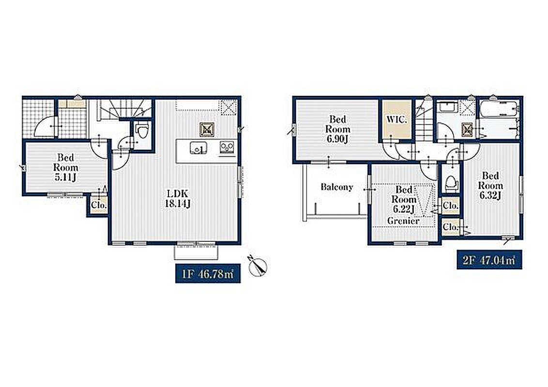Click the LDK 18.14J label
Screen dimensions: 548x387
point(178,198)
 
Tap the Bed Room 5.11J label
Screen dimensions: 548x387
point(66,167)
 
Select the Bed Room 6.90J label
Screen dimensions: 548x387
point(337,129)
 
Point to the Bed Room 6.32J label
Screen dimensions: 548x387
point(491,185)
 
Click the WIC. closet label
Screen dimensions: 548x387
point(396,119)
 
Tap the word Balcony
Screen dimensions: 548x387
point(337,187)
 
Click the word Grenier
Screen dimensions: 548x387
point(403,221)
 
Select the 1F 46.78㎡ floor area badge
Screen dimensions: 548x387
point(208,273)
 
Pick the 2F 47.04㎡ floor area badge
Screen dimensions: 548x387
point(489,259)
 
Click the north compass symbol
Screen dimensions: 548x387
point(258,266)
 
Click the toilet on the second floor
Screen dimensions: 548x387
point(451,183)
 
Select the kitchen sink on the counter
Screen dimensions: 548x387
point(198,148)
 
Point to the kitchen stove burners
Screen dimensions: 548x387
point(228,147)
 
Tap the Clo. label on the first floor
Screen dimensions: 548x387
point(99,206)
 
